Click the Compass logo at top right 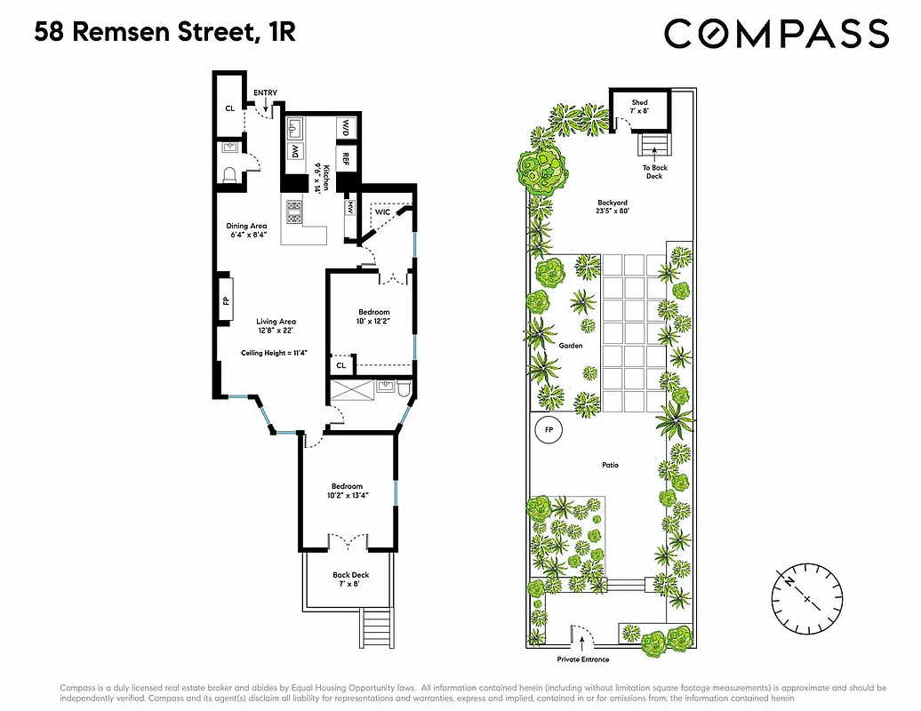(x=776, y=34)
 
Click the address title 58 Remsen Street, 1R (x=165, y=34)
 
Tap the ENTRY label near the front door (x=265, y=92)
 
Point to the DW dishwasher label (x=293, y=152)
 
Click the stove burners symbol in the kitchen (x=294, y=211)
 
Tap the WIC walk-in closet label (x=383, y=212)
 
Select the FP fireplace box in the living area (x=226, y=300)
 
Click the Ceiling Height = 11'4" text (x=268, y=353)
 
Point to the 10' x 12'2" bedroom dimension (x=373, y=321)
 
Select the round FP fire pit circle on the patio (x=549, y=431)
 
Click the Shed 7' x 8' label (x=640, y=107)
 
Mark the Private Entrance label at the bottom (x=583, y=659)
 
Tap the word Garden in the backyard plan (x=571, y=346)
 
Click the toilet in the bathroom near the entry (x=228, y=174)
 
